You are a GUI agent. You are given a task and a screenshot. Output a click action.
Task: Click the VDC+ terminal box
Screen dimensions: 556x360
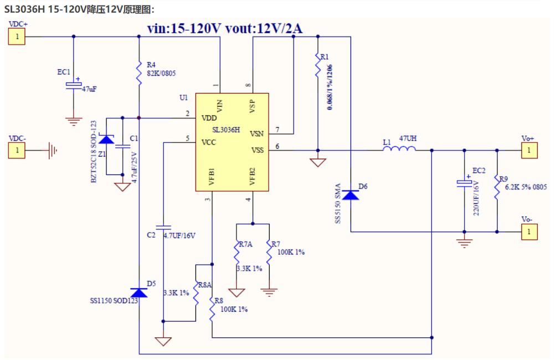pyautogui.click(x=17, y=37)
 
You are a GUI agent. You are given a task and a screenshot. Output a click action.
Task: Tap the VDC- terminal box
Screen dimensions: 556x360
pyautogui.click(x=17, y=151)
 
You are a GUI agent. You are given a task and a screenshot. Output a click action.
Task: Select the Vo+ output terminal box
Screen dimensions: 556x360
pyautogui.click(x=529, y=151)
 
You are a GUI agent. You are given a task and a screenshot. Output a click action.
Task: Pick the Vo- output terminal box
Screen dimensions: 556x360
pyautogui.click(x=529, y=232)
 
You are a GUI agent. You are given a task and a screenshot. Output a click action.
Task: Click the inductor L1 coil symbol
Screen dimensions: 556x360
pyautogui.click(x=399, y=148)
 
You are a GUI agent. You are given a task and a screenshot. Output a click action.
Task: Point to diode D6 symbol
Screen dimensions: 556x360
pyautogui.click(x=351, y=195)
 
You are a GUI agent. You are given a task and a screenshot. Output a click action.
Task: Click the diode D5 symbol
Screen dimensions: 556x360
pyautogui.click(x=139, y=292)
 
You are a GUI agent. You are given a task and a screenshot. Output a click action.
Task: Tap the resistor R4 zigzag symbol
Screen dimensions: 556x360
pyautogui.click(x=139, y=73)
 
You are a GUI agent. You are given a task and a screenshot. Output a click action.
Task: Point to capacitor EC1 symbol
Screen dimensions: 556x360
pyautogui.click(x=74, y=85)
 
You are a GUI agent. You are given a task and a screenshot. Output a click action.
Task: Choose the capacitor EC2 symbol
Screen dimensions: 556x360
pyautogui.click(x=465, y=183)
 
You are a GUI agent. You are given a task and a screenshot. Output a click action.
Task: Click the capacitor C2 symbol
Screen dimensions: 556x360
pyautogui.click(x=163, y=227)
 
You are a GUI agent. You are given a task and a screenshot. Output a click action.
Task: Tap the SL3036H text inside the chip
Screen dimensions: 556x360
pyautogui.click(x=226, y=130)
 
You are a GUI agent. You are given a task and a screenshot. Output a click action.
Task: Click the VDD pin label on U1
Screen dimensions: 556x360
pyautogui.click(x=209, y=118)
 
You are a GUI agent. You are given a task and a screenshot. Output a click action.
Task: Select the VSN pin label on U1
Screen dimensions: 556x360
pyautogui.click(x=257, y=133)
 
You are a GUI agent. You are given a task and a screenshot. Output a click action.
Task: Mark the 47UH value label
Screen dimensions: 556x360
pyautogui.click(x=408, y=138)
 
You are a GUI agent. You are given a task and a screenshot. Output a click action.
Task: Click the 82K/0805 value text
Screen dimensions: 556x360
pyautogui.click(x=161, y=73)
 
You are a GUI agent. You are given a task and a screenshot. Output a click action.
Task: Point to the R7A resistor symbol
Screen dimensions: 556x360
pyautogui.click(x=236, y=252)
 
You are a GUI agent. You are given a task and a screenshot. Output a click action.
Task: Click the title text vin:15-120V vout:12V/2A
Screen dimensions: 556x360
pyautogui.click(x=225, y=28)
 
